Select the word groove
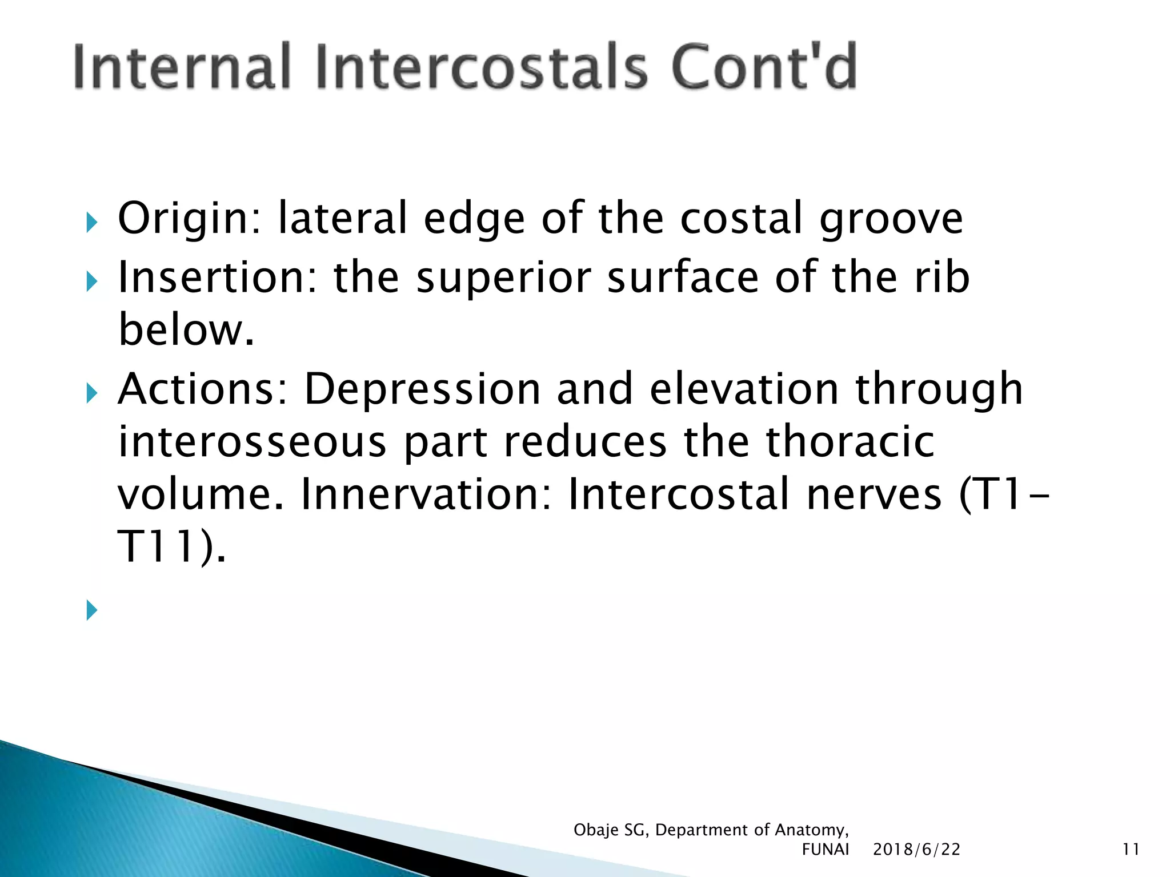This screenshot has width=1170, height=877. point(891,219)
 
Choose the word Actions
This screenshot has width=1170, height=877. point(203,389)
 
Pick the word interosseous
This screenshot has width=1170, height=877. point(252,442)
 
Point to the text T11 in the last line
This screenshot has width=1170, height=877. point(157,547)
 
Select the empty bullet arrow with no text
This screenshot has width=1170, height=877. point(92,610)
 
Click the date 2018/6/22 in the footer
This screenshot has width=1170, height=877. point(916,850)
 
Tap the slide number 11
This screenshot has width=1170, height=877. point(1131,850)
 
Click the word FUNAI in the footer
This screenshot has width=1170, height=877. point(825,850)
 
